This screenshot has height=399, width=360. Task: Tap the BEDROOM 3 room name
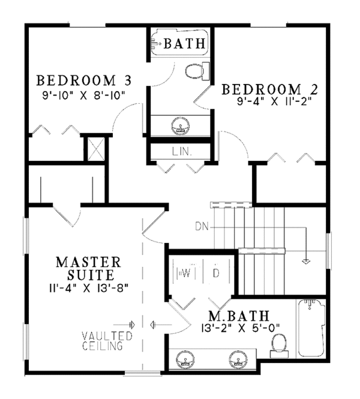tap(84, 80)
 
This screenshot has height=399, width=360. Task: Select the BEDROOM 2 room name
tap(270, 90)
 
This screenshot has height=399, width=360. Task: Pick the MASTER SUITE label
tap(88, 269)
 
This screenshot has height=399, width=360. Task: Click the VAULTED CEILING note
tap(103, 340)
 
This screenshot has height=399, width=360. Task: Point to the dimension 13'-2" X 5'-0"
tap(238, 328)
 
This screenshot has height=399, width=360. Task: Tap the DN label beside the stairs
tap(201, 226)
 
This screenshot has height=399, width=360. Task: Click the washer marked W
tap(185, 274)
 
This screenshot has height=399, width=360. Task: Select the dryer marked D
tap(215, 274)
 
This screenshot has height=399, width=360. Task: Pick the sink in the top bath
tap(181, 126)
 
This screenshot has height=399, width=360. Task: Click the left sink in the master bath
tap(185, 361)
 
